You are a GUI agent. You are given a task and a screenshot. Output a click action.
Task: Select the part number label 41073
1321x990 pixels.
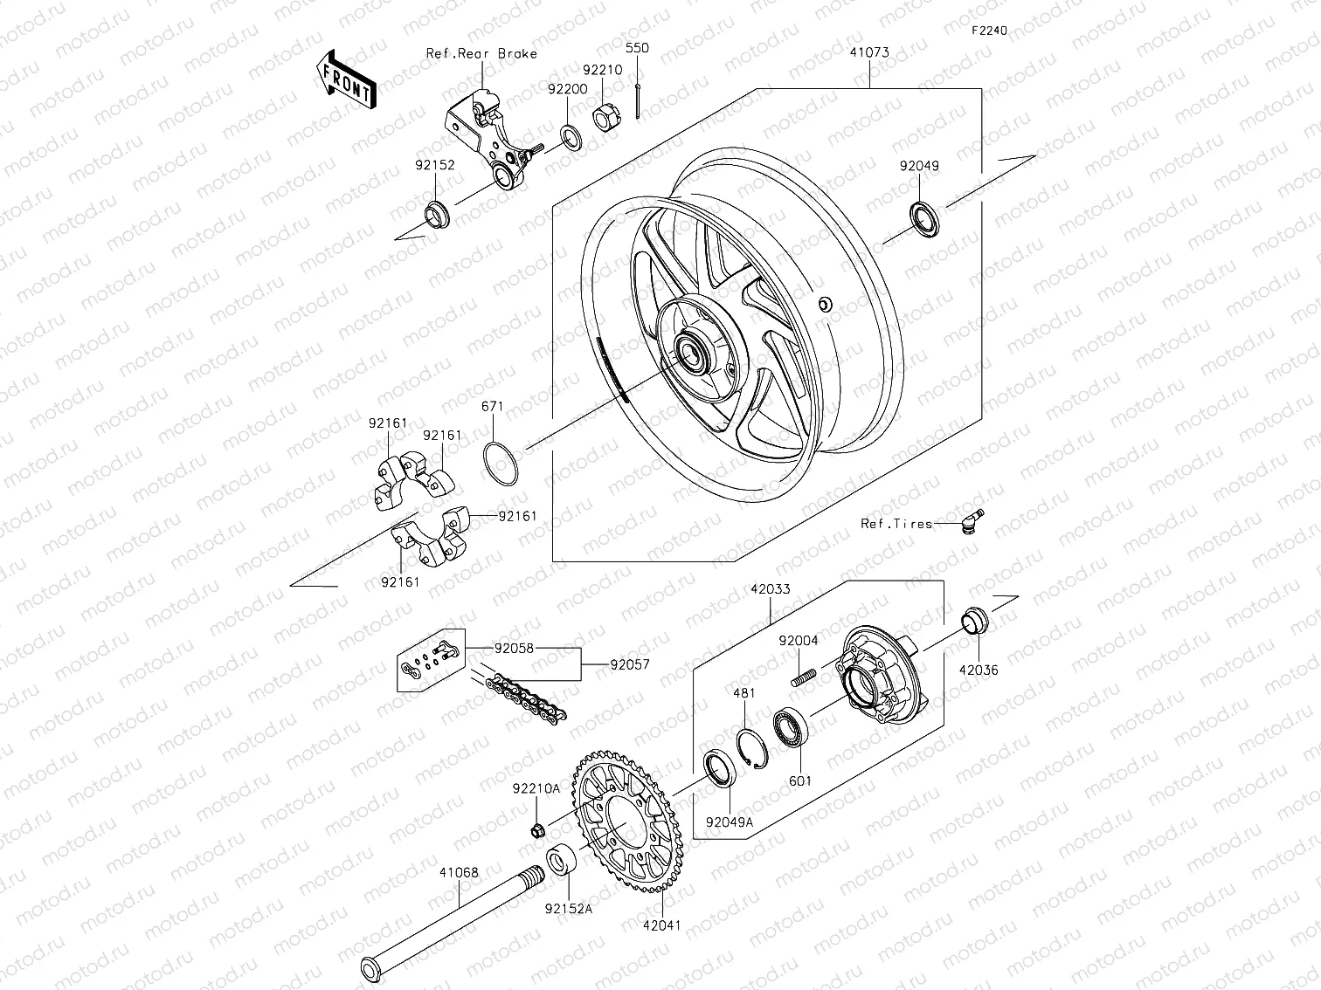pyautogui.click(x=869, y=52)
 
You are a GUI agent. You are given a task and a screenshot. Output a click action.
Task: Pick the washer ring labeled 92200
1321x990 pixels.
pyautogui.click(x=571, y=136)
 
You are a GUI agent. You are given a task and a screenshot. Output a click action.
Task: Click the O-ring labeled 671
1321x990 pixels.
pyautogui.click(x=501, y=462)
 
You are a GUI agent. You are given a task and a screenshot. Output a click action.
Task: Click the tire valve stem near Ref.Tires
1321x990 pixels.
pyautogui.click(x=970, y=519)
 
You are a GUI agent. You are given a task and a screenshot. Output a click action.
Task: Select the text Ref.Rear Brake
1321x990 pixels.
pyautogui.click(x=481, y=53)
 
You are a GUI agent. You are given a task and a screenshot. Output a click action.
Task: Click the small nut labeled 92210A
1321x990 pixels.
pyautogui.click(x=539, y=828)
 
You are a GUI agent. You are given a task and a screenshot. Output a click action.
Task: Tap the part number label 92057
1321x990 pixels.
pyautogui.click(x=630, y=664)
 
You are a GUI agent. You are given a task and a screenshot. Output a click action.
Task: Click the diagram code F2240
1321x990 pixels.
pyautogui.click(x=989, y=31)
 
